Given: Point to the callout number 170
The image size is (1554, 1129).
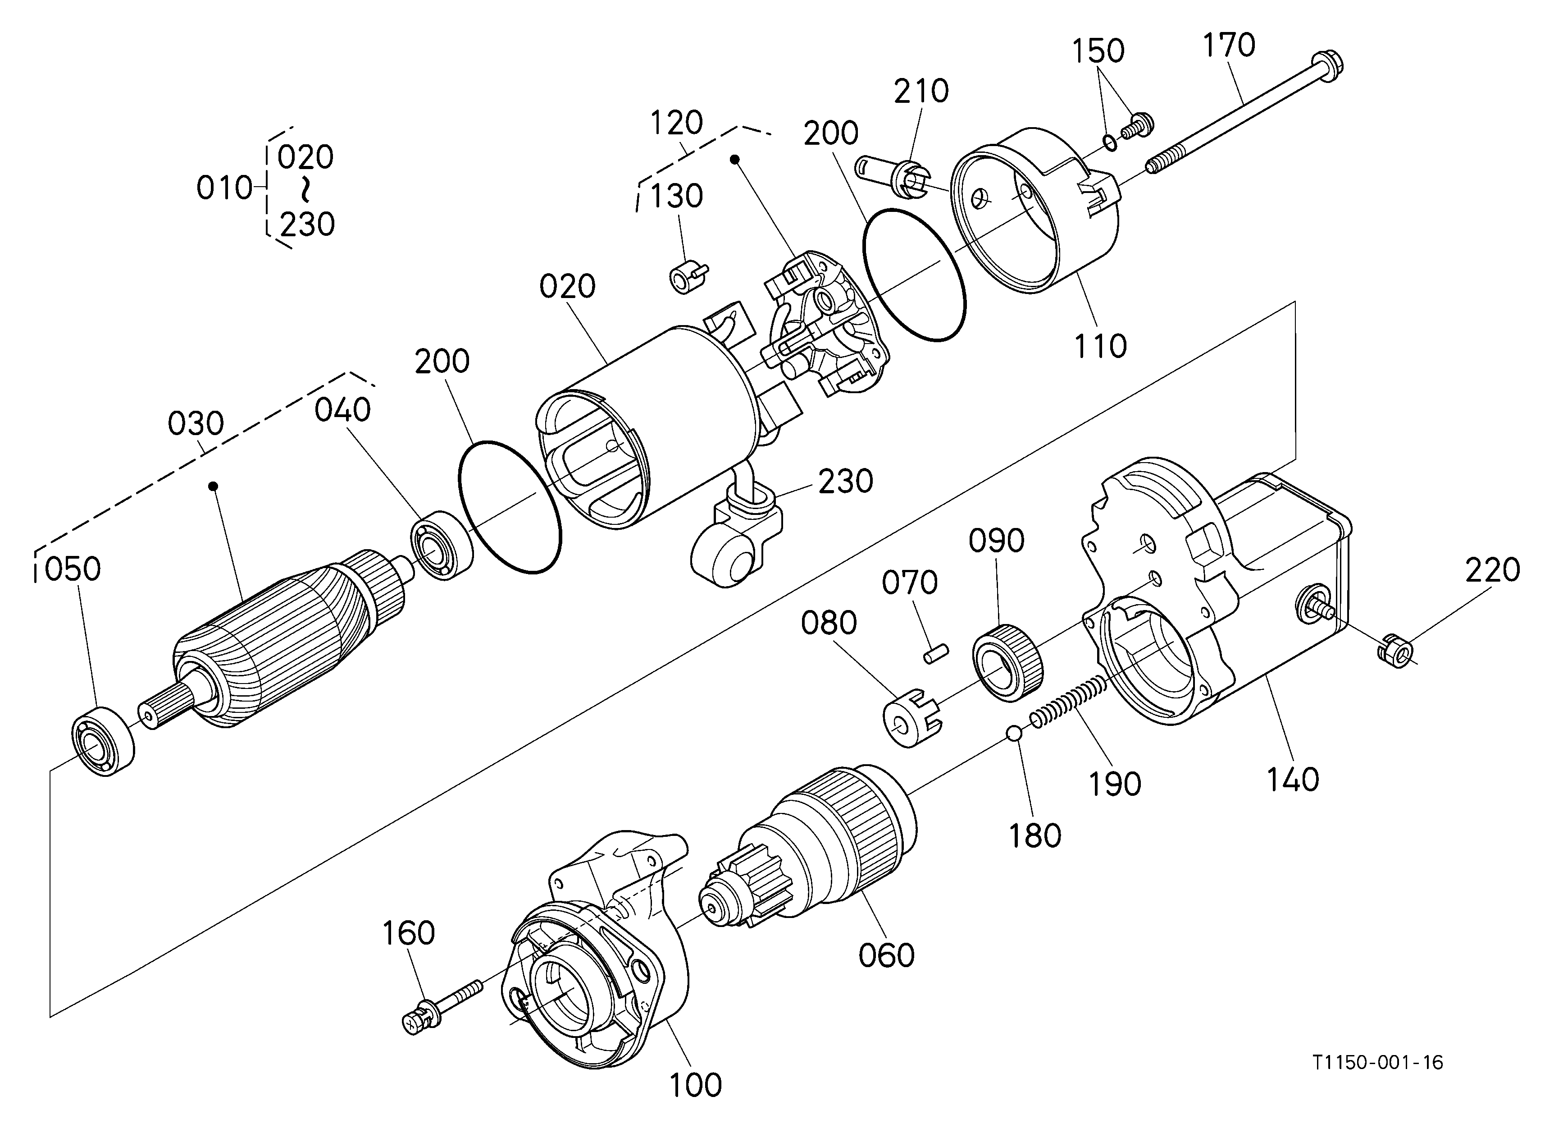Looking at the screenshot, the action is [x=1229, y=45].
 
